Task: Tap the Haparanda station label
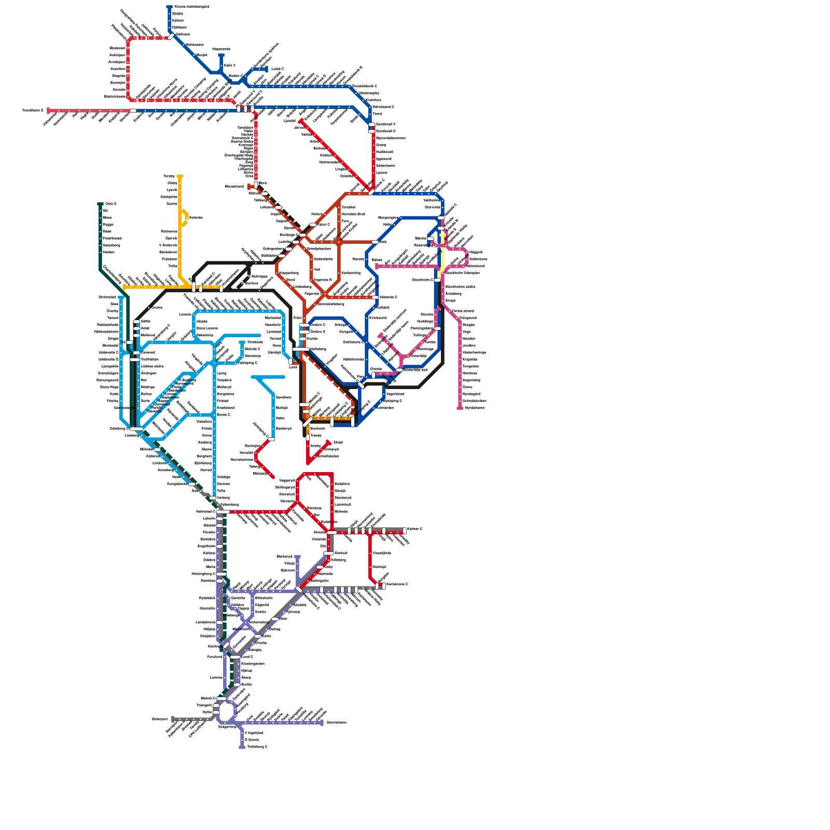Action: click(221, 49)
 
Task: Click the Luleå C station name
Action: click(278, 68)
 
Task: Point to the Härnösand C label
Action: click(383, 107)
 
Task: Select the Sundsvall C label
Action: click(385, 131)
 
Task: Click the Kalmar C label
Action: click(414, 529)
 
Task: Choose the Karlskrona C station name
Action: click(397, 584)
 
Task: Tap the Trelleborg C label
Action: click(257, 746)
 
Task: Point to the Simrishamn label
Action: click(336, 722)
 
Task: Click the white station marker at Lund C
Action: click(236, 657)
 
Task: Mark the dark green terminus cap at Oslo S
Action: click(100, 204)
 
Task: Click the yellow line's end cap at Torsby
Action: click(179, 176)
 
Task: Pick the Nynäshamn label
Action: click(475, 408)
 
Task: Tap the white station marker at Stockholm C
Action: click(437, 280)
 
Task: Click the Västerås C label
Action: click(388, 297)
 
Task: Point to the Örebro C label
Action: click(317, 325)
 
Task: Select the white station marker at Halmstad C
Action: click(223, 511)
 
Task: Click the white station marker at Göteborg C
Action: click(136, 428)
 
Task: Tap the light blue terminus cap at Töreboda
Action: click(242, 342)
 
